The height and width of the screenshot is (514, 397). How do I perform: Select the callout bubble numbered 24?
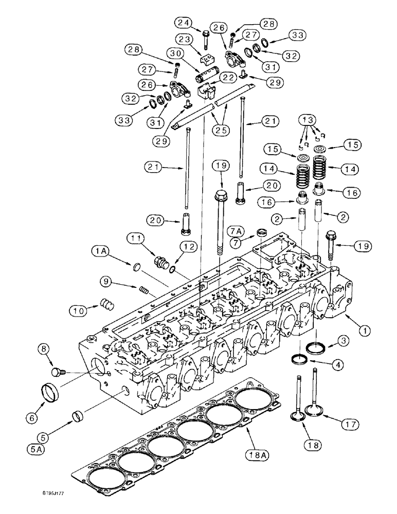[184, 22]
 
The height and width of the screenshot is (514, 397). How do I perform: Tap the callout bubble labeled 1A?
[100, 251]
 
